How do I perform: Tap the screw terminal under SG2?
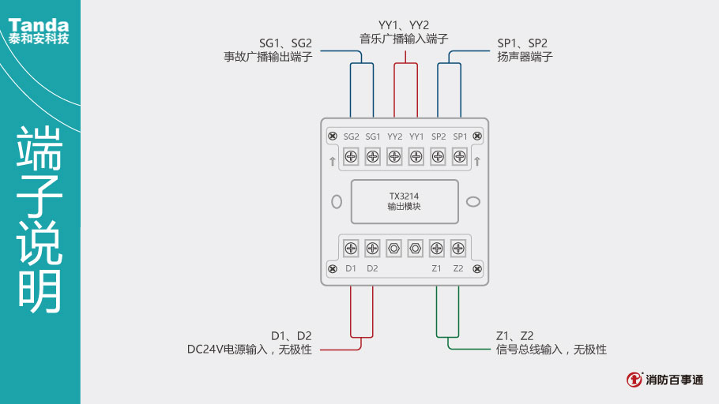[352, 157]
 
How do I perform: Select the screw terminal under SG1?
[373, 157]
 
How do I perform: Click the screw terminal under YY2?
[395, 157]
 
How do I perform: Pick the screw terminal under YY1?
[416, 157]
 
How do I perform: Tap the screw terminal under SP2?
[439, 157]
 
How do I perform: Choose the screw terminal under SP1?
[460, 157]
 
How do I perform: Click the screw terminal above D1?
[352, 249]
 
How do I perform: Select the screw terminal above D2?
[372, 249]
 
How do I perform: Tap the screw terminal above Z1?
[436, 249]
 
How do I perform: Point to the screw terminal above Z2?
[457, 249]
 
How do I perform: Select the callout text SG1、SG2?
[286, 43]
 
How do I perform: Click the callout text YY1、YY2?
[404, 24]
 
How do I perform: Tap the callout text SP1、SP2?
[521, 43]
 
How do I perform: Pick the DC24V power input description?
[249, 349]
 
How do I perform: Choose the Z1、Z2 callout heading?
[514, 335]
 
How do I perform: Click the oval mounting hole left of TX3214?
[336, 201]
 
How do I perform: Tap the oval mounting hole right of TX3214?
[472, 201]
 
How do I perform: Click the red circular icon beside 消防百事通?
[634, 380]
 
